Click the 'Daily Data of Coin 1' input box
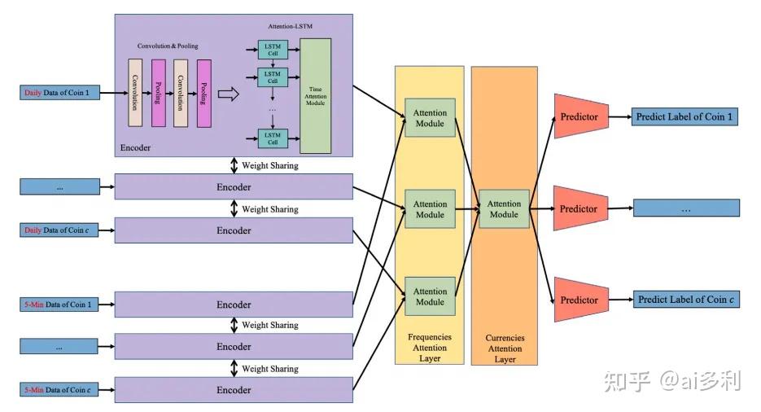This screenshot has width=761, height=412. click(59, 93)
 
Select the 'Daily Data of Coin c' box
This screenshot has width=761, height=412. click(59, 230)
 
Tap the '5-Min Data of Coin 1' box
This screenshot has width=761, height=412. click(59, 305)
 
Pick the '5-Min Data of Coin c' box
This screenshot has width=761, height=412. click(59, 390)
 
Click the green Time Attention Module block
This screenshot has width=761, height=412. click(316, 96)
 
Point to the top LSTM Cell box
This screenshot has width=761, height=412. click(273, 50)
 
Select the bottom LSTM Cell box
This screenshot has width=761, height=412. click(273, 138)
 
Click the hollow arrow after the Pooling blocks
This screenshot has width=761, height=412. click(228, 94)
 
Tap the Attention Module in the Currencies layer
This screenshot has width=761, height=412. click(504, 209)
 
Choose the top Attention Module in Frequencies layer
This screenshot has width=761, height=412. click(430, 118)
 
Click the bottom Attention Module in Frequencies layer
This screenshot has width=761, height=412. click(430, 296)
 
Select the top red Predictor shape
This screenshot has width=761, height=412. click(581, 116)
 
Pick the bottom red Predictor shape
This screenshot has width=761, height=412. click(581, 300)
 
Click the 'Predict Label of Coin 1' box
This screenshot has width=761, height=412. click(684, 117)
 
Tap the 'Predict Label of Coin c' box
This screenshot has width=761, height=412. click(686, 300)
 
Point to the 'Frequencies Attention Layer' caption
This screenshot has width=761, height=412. click(430, 348)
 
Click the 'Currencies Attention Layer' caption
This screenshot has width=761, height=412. click(505, 348)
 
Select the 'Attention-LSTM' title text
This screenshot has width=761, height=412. click(291, 26)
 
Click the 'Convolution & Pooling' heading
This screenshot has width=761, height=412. click(168, 46)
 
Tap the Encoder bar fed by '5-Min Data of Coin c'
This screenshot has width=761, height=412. click(234, 390)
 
